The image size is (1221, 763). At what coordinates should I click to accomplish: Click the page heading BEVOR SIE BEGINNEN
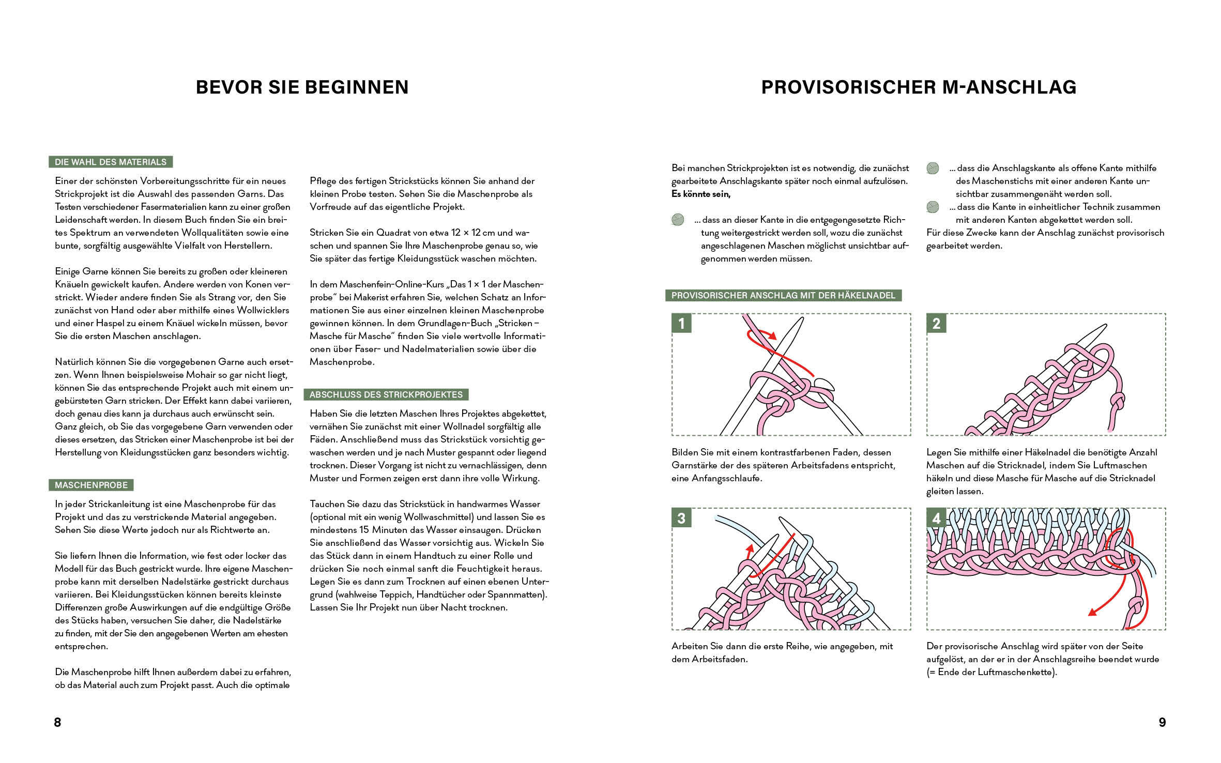pos(302,87)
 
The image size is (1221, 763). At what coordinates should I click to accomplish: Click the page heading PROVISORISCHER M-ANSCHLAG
pos(919,87)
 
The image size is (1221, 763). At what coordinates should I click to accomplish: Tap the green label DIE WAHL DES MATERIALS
pos(111,162)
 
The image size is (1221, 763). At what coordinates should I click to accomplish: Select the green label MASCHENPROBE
pos(91,485)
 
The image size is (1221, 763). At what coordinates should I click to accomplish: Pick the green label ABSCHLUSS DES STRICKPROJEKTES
pos(386,394)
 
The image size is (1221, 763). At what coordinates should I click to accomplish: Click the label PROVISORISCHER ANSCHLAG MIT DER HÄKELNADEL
pos(783,295)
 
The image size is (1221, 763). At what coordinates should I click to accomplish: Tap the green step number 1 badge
pos(681,323)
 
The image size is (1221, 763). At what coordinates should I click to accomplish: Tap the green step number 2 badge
pos(936,323)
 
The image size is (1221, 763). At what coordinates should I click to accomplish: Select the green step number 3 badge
pos(681,517)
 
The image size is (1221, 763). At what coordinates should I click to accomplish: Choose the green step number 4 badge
pos(936,517)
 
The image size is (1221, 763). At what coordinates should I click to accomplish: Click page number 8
pos(57,722)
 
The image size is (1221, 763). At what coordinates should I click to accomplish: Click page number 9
pos(1162,722)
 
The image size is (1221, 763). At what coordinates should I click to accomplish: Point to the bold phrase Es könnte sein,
pos(701,194)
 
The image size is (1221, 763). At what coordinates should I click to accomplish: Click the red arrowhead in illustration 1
pos(772,336)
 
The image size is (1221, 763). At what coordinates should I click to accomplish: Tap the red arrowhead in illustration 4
pos(1093,613)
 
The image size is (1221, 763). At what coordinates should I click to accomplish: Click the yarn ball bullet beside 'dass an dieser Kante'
pos(678,220)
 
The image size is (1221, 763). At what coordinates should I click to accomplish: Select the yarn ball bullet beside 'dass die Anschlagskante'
pos(933,168)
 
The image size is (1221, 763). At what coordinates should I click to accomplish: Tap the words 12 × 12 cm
pos(482,233)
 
